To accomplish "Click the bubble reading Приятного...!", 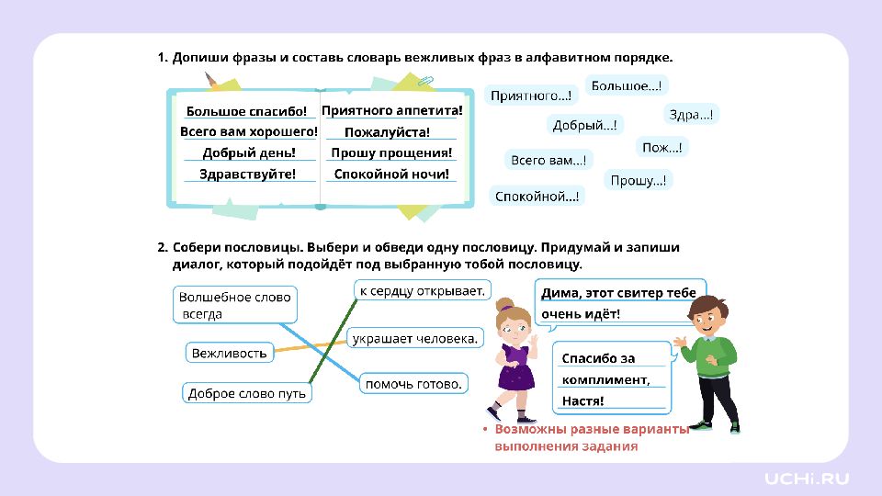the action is [x=531, y=96].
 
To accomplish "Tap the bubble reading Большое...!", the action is [x=627, y=86].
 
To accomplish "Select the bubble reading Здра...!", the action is [x=691, y=115].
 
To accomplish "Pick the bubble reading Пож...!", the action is [x=662, y=147].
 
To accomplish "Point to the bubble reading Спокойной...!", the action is [x=537, y=197].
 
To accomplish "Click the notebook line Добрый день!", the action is [x=249, y=153].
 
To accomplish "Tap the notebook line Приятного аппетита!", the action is [x=392, y=111].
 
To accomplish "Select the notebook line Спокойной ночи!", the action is [x=391, y=175].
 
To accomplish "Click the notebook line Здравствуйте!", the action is [x=247, y=175].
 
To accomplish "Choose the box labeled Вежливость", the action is [x=230, y=353].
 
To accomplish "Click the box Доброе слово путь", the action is [x=247, y=393].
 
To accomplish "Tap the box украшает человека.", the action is [x=415, y=339].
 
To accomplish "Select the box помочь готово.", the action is [x=413, y=384].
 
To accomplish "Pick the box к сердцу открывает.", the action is [x=423, y=291].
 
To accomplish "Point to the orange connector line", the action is [x=311, y=346].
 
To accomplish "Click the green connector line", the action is [x=333, y=342].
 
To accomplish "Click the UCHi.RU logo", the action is [x=807, y=479].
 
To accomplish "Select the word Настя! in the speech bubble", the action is [x=582, y=401].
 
